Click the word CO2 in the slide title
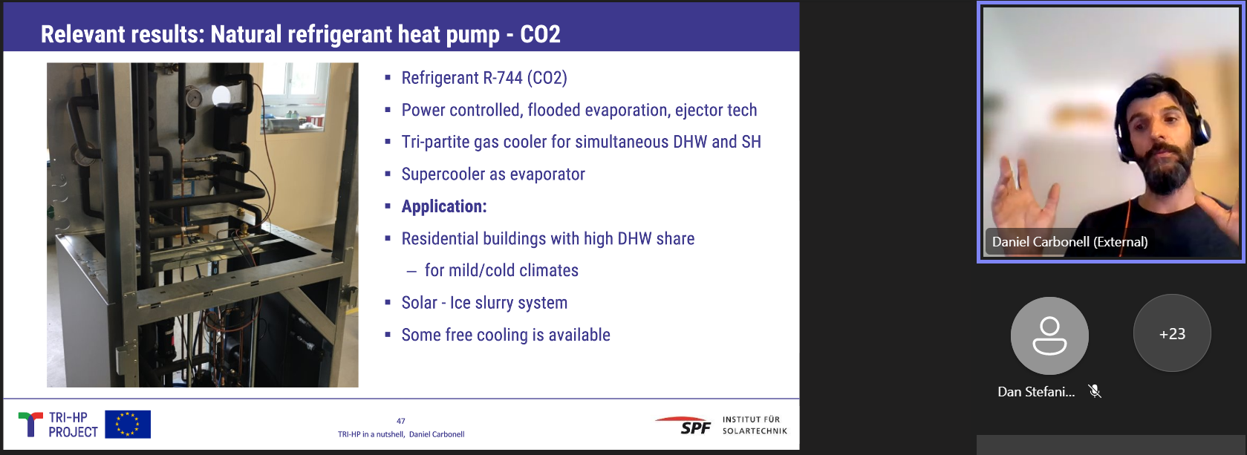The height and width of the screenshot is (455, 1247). (540, 34)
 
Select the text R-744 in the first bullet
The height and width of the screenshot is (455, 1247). (502, 78)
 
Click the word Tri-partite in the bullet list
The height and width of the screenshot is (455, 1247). (435, 143)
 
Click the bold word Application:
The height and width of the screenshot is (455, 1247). (444, 207)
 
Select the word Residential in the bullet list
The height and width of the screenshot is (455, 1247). (440, 238)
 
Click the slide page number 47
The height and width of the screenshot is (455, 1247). (401, 421)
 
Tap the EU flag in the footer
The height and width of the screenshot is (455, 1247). (128, 424)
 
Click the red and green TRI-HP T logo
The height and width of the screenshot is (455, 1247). (30, 424)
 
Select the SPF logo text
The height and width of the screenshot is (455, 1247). (695, 428)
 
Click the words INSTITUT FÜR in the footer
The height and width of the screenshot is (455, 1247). (751, 419)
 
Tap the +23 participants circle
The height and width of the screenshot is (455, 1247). (1172, 333)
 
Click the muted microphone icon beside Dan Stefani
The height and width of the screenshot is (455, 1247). (1095, 392)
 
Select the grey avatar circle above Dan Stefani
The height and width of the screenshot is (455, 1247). (1049, 335)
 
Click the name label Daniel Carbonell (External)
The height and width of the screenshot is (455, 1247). (1069, 242)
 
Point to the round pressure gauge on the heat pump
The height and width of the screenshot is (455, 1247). (194, 98)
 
